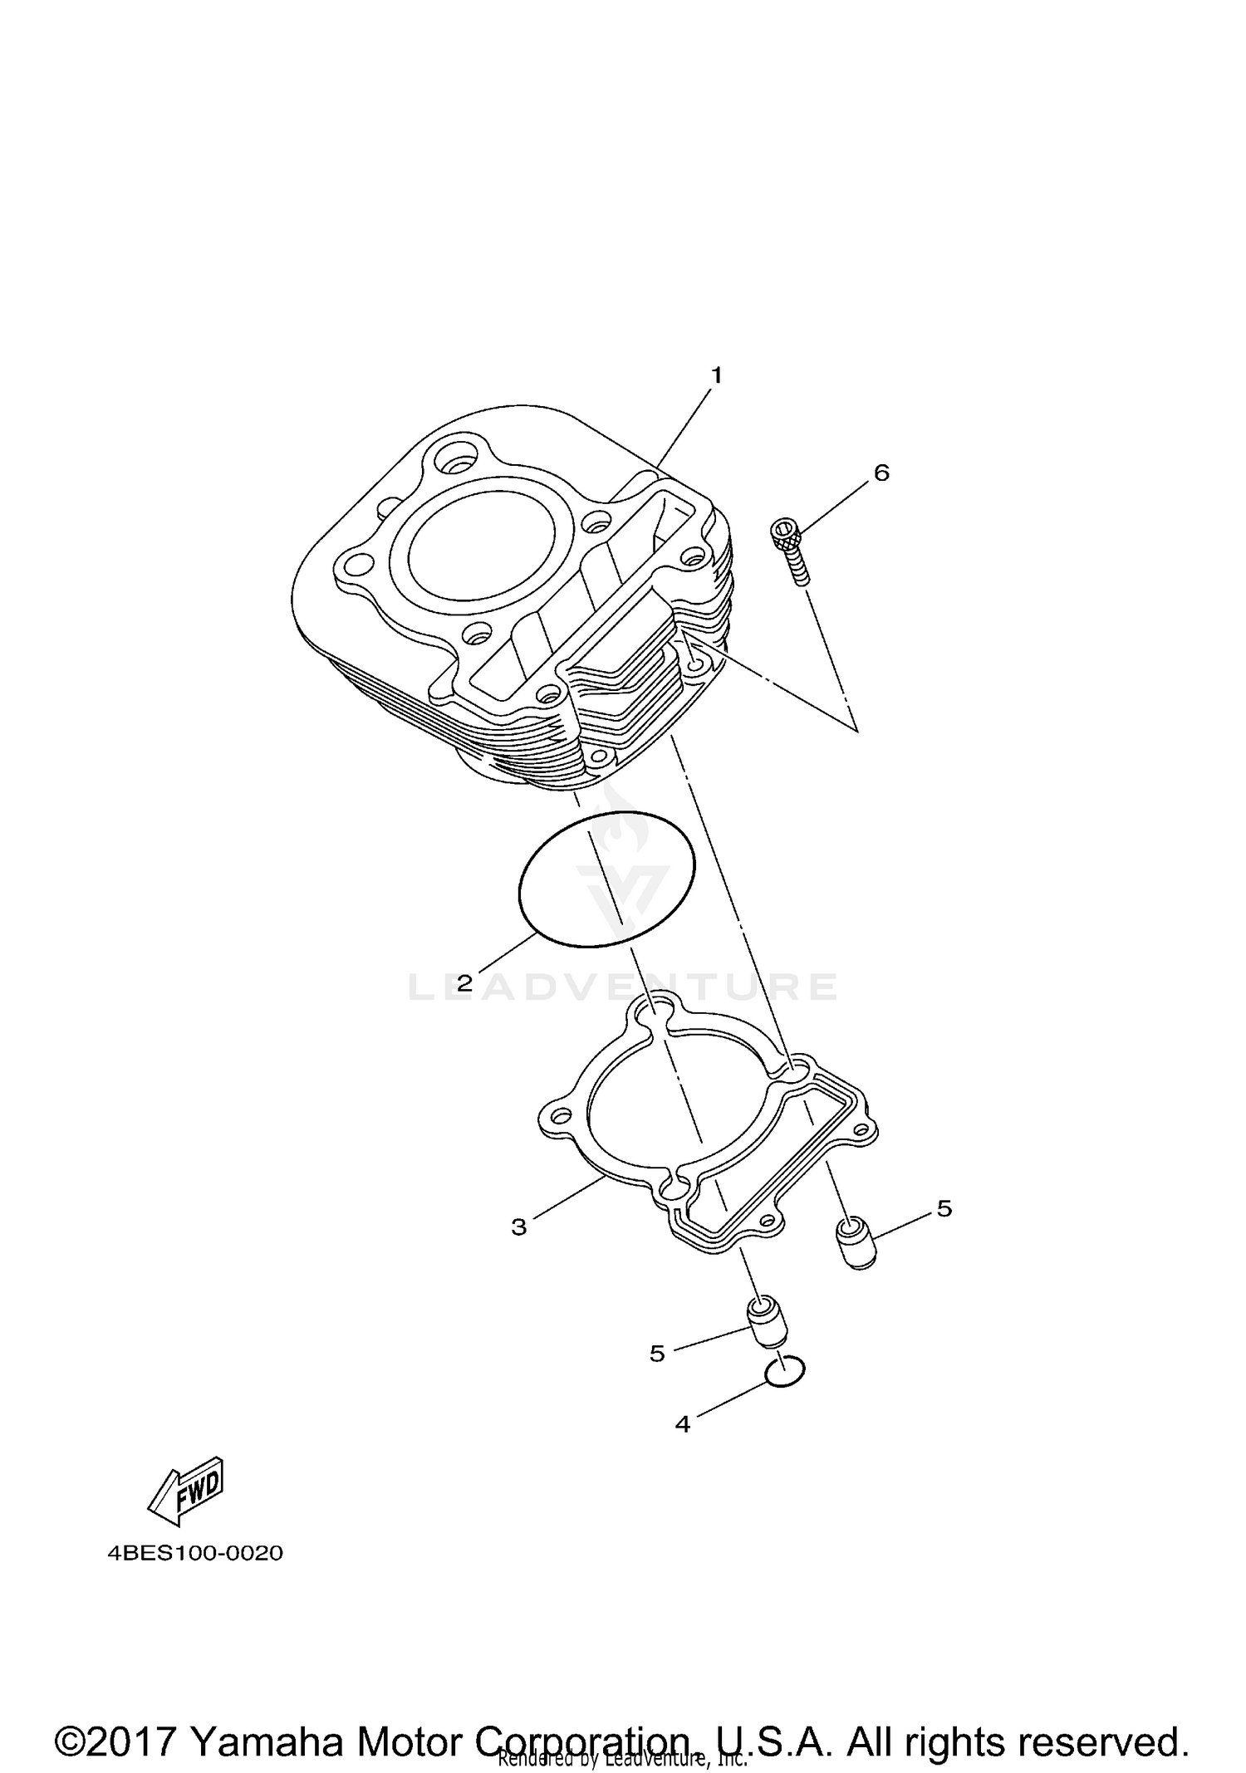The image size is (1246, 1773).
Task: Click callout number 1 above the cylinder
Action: click(716, 375)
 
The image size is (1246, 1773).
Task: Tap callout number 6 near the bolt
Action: click(881, 473)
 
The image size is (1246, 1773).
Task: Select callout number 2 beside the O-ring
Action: click(464, 984)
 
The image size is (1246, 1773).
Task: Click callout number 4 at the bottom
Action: click(683, 1425)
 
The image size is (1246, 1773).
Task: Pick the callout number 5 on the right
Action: click(944, 1209)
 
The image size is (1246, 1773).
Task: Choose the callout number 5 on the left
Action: click(657, 1354)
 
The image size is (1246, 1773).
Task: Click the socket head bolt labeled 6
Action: click(790, 549)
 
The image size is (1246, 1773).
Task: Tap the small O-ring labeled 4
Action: click(785, 1374)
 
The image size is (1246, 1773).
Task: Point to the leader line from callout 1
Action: click(683, 428)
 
